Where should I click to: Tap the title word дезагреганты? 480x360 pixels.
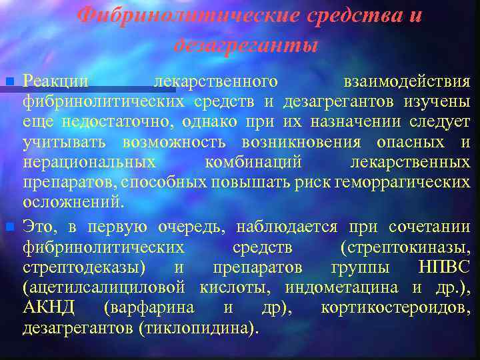(245, 45)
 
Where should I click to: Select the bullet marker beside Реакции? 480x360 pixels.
(9, 81)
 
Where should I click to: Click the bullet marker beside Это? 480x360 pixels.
(9, 227)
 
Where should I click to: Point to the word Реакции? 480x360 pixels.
(55, 81)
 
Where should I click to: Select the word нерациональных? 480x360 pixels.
(89, 163)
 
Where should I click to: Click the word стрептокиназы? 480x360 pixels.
(405, 247)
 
